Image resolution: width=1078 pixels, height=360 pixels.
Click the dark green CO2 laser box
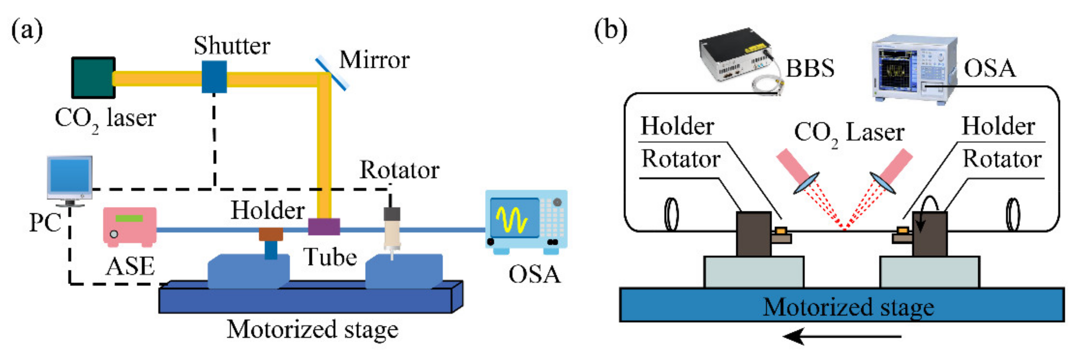click(x=93, y=78)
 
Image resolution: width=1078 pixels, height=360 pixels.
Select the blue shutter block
click(x=214, y=77)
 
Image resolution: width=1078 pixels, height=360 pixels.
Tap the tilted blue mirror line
click(x=332, y=73)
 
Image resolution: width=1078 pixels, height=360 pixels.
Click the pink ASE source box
click(x=130, y=227)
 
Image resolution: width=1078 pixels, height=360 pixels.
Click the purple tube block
click(x=324, y=227)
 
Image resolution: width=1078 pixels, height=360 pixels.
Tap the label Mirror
click(x=374, y=60)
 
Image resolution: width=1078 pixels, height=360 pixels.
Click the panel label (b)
click(x=610, y=30)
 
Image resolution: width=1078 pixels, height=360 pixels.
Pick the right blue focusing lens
click(x=883, y=183)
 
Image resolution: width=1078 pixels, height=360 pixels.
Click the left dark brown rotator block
click(x=753, y=234)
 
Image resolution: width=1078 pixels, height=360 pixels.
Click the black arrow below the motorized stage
click(x=841, y=336)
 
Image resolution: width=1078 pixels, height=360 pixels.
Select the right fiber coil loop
click(x=1013, y=214)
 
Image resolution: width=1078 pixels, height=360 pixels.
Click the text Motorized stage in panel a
click(x=312, y=329)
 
